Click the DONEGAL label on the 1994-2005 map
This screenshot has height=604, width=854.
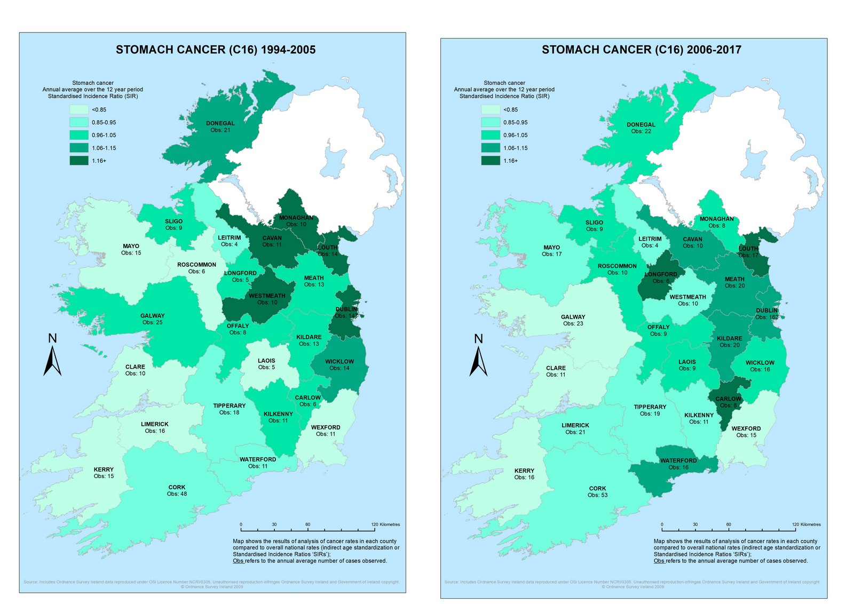(220, 123)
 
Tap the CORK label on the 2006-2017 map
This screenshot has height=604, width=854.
(597, 488)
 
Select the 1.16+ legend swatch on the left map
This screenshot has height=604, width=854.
(78, 161)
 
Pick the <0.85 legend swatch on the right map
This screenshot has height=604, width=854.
(490, 109)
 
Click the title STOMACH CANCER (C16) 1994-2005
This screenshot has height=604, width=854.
(216, 50)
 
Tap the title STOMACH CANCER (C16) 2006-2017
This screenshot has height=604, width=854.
(641, 50)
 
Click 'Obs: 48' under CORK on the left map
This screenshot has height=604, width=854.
(177, 494)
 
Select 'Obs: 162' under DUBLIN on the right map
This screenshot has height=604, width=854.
(766, 317)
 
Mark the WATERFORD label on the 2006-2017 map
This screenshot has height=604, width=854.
(678, 460)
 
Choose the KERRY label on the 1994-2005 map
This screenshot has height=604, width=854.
(104, 470)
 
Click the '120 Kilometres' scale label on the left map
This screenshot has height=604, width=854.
(385, 524)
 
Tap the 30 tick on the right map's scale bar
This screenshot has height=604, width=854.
(695, 525)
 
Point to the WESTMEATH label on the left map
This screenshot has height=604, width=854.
(267, 296)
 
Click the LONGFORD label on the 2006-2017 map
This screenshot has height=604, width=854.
(661, 274)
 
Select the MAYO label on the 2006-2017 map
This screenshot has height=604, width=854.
(551, 248)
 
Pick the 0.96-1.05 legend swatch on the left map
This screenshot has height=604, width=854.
(78, 135)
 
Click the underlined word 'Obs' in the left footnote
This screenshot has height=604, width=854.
(238, 561)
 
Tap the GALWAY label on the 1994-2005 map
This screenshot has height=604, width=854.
(152, 316)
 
